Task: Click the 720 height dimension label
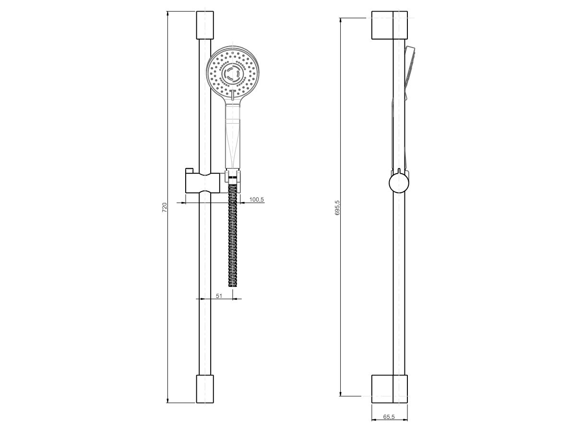pos(164,207)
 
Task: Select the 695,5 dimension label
pos(337,208)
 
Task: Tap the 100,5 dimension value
pos(257,199)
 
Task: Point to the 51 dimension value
pos(219,296)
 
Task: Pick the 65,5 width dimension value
pos(389,417)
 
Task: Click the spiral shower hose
pos(232,235)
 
